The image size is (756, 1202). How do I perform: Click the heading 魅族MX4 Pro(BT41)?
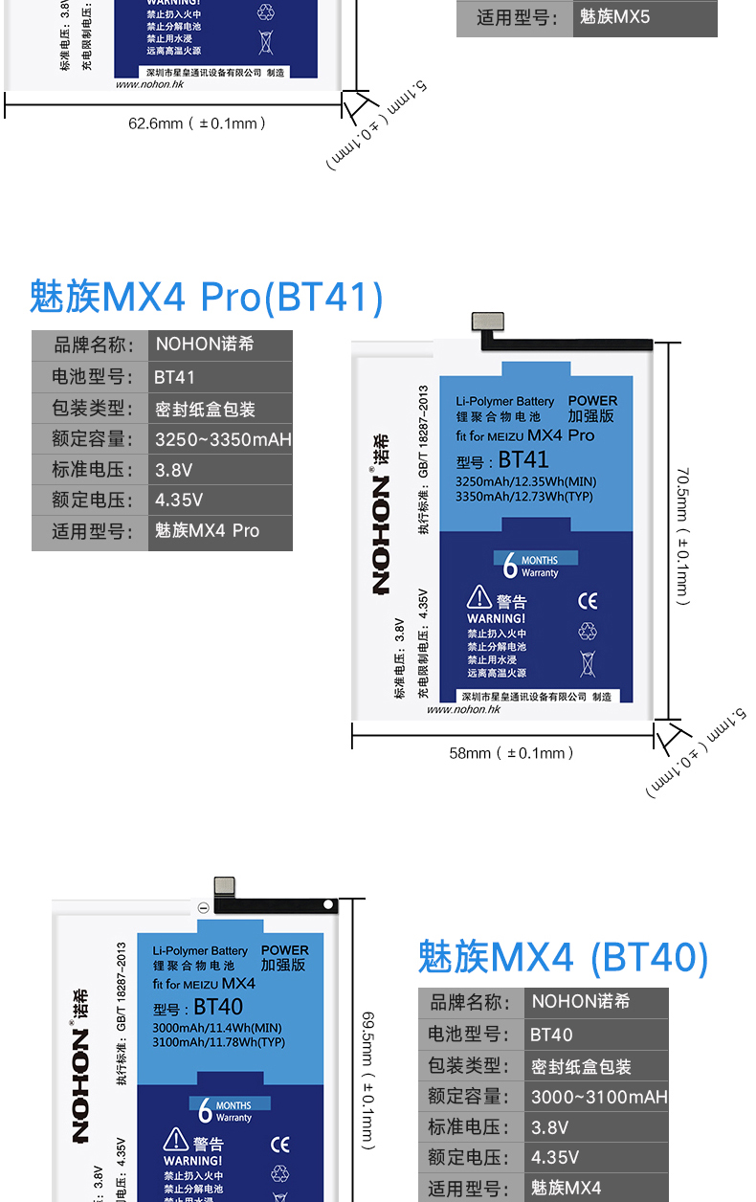[x=206, y=298]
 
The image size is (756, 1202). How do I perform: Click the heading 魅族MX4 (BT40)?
[x=563, y=957]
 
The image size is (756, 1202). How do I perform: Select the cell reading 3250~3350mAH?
[x=223, y=439]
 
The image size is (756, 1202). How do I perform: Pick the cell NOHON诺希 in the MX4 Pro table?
[x=205, y=345]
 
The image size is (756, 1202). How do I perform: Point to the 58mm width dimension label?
[x=511, y=753]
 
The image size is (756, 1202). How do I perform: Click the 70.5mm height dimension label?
[x=682, y=536]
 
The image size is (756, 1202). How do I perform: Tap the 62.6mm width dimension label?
[x=196, y=122]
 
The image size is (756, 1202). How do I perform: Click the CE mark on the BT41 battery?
[x=588, y=601]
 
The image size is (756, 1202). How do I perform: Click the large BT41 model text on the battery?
[x=523, y=459]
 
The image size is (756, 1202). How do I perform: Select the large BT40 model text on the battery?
[x=218, y=1007]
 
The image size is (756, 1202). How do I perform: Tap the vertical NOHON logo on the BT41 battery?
[x=381, y=517]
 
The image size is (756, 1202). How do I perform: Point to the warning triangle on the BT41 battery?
[x=478, y=598]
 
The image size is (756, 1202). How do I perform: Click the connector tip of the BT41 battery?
[x=485, y=324]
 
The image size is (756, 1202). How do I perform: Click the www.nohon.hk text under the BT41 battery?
[x=463, y=709]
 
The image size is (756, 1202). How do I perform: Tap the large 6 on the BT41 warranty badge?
[x=510, y=566]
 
